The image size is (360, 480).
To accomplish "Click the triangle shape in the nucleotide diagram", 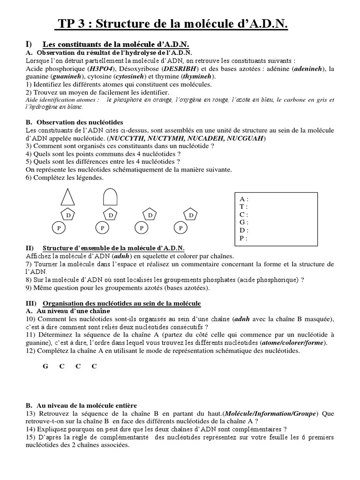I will [67, 197].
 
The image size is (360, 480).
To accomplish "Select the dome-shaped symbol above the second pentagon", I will [110, 197].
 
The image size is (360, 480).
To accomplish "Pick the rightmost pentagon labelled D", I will [191, 215].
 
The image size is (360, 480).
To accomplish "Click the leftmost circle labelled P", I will [59, 228].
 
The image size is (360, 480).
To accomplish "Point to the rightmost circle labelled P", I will [180, 228].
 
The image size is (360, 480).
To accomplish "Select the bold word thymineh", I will [198, 76].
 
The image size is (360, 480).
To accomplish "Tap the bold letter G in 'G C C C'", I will [45, 367].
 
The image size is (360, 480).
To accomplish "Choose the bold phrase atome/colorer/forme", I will [295, 343].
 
